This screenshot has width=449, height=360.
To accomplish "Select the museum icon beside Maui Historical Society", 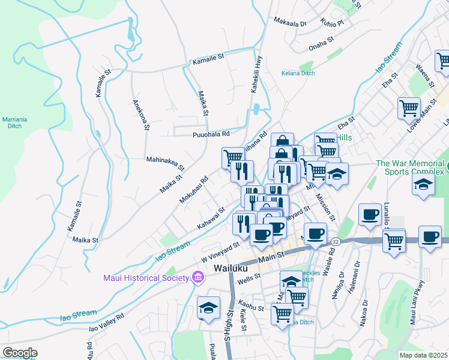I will (x=197, y=278).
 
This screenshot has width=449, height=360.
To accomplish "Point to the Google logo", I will (x=20, y=352).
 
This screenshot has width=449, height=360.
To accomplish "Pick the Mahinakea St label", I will (x=165, y=160).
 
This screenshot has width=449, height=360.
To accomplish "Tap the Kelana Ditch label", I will (x=298, y=74).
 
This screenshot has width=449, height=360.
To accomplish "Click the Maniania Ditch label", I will (x=15, y=122).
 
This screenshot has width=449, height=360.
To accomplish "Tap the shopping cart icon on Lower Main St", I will (x=409, y=109).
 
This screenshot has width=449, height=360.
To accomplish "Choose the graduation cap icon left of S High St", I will (x=208, y=307).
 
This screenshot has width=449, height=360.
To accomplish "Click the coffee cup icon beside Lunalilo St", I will (x=369, y=214).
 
